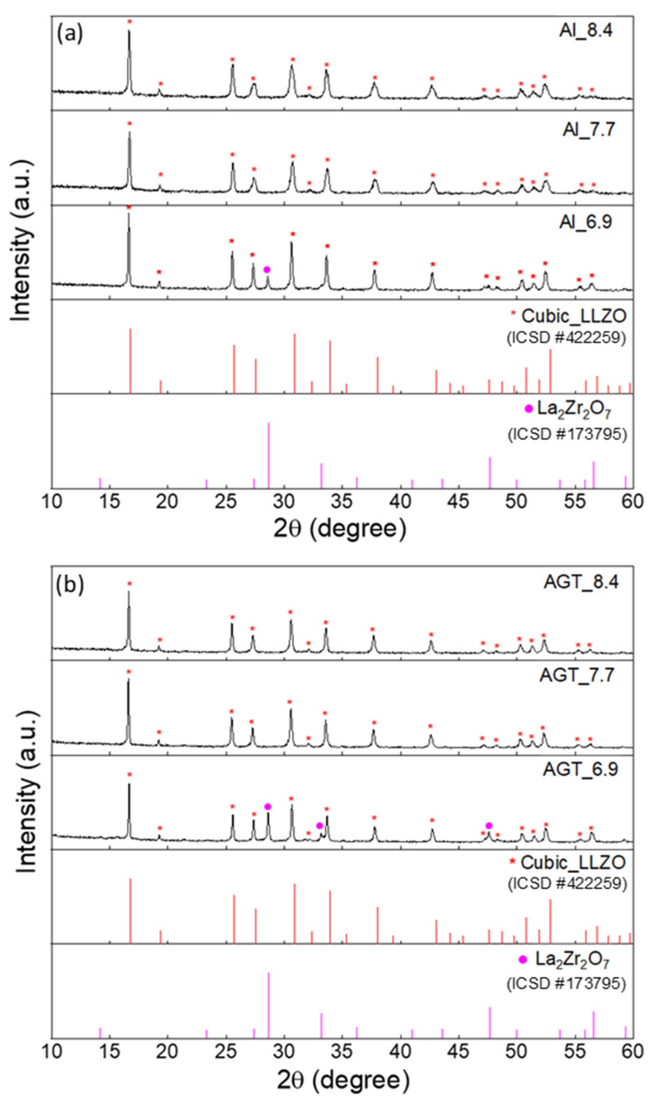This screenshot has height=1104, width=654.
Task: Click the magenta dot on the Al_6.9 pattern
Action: (x=267, y=270)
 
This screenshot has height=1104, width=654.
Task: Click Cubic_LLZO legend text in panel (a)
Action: (x=573, y=316)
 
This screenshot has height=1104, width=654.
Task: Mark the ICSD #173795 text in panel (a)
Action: (x=566, y=434)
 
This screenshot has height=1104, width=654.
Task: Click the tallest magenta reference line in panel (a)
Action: (x=268, y=454)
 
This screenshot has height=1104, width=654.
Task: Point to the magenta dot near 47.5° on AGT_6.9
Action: (x=488, y=826)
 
